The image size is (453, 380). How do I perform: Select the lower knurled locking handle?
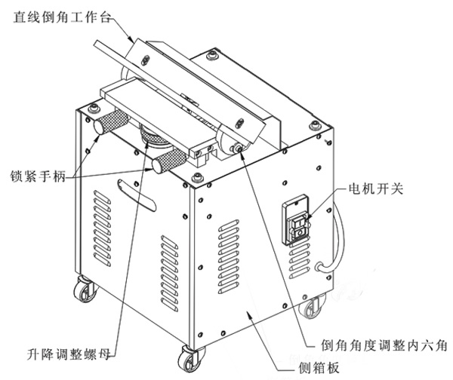click(164, 161)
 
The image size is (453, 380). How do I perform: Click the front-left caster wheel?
click(82, 292)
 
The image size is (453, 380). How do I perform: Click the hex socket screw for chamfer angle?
click(240, 149)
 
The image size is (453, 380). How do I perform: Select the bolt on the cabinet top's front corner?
click(199, 179)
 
